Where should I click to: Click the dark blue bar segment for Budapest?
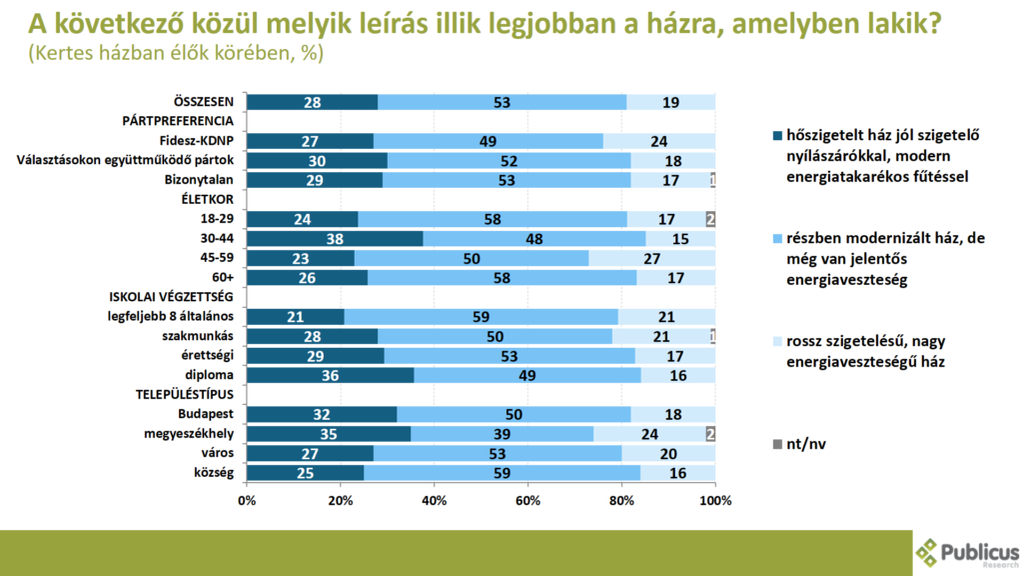click(x=322, y=414)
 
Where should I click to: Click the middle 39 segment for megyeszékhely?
click(x=502, y=433)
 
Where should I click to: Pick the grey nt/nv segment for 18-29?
click(x=710, y=219)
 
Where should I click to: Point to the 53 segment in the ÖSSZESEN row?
click(x=502, y=102)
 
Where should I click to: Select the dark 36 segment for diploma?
click(x=330, y=375)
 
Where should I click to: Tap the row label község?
click(x=214, y=472)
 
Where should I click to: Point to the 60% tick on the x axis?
click(x=527, y=500)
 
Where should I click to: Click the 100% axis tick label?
click(x=715, y=500)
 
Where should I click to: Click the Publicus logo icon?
click(x=929, y=552)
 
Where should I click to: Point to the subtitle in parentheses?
click(x=176, y=54)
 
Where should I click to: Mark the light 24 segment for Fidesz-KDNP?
click(x=659, y=141)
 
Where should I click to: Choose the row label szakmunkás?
click(x=205, y=336)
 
